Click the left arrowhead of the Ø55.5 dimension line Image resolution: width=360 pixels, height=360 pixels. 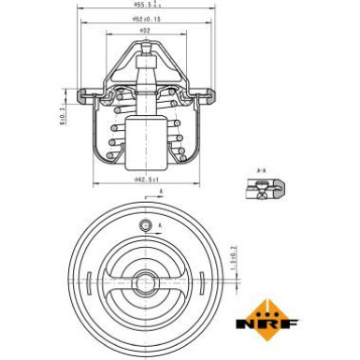click(x=78, y=10)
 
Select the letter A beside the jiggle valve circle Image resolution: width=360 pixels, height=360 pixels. click(x=159, y=226)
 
